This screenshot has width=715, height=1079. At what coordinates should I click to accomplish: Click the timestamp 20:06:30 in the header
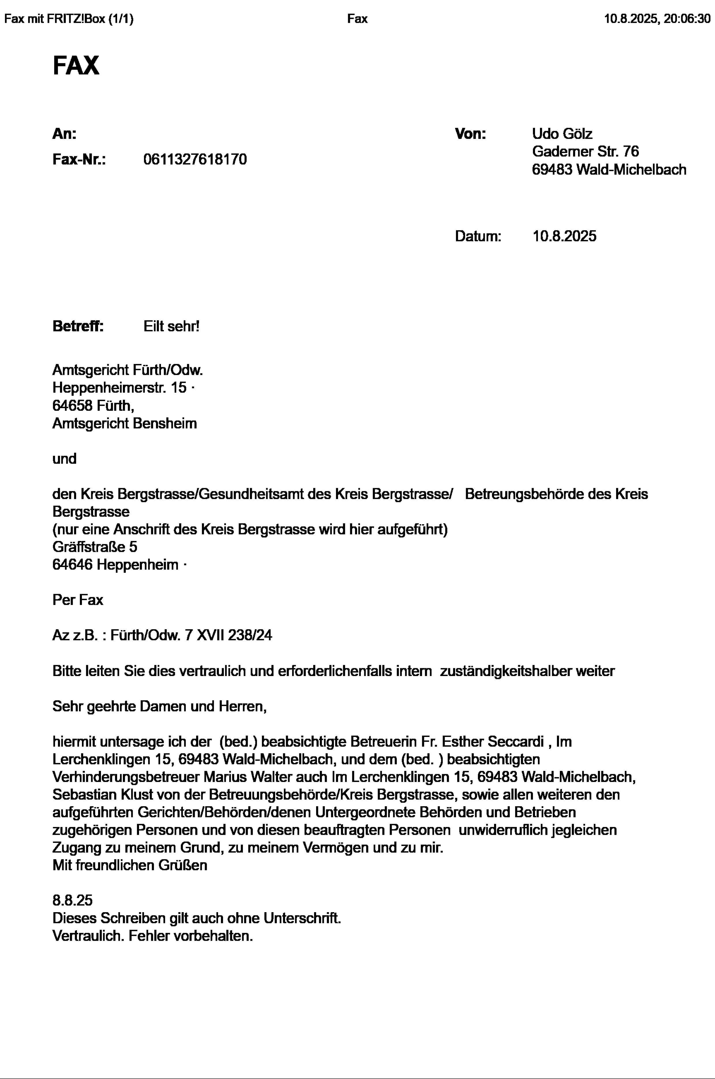[687, 19]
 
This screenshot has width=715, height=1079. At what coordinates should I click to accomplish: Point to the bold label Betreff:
[78, 326]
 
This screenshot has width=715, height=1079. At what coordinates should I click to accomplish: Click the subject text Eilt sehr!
[171, 326]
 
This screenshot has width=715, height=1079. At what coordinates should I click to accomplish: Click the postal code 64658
[72, 405]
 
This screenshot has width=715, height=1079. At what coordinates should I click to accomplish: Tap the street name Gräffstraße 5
[95, 546]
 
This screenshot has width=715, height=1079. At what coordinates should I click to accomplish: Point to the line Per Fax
[78, 600]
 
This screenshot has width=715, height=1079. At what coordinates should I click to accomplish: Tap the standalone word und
[64, 458]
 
